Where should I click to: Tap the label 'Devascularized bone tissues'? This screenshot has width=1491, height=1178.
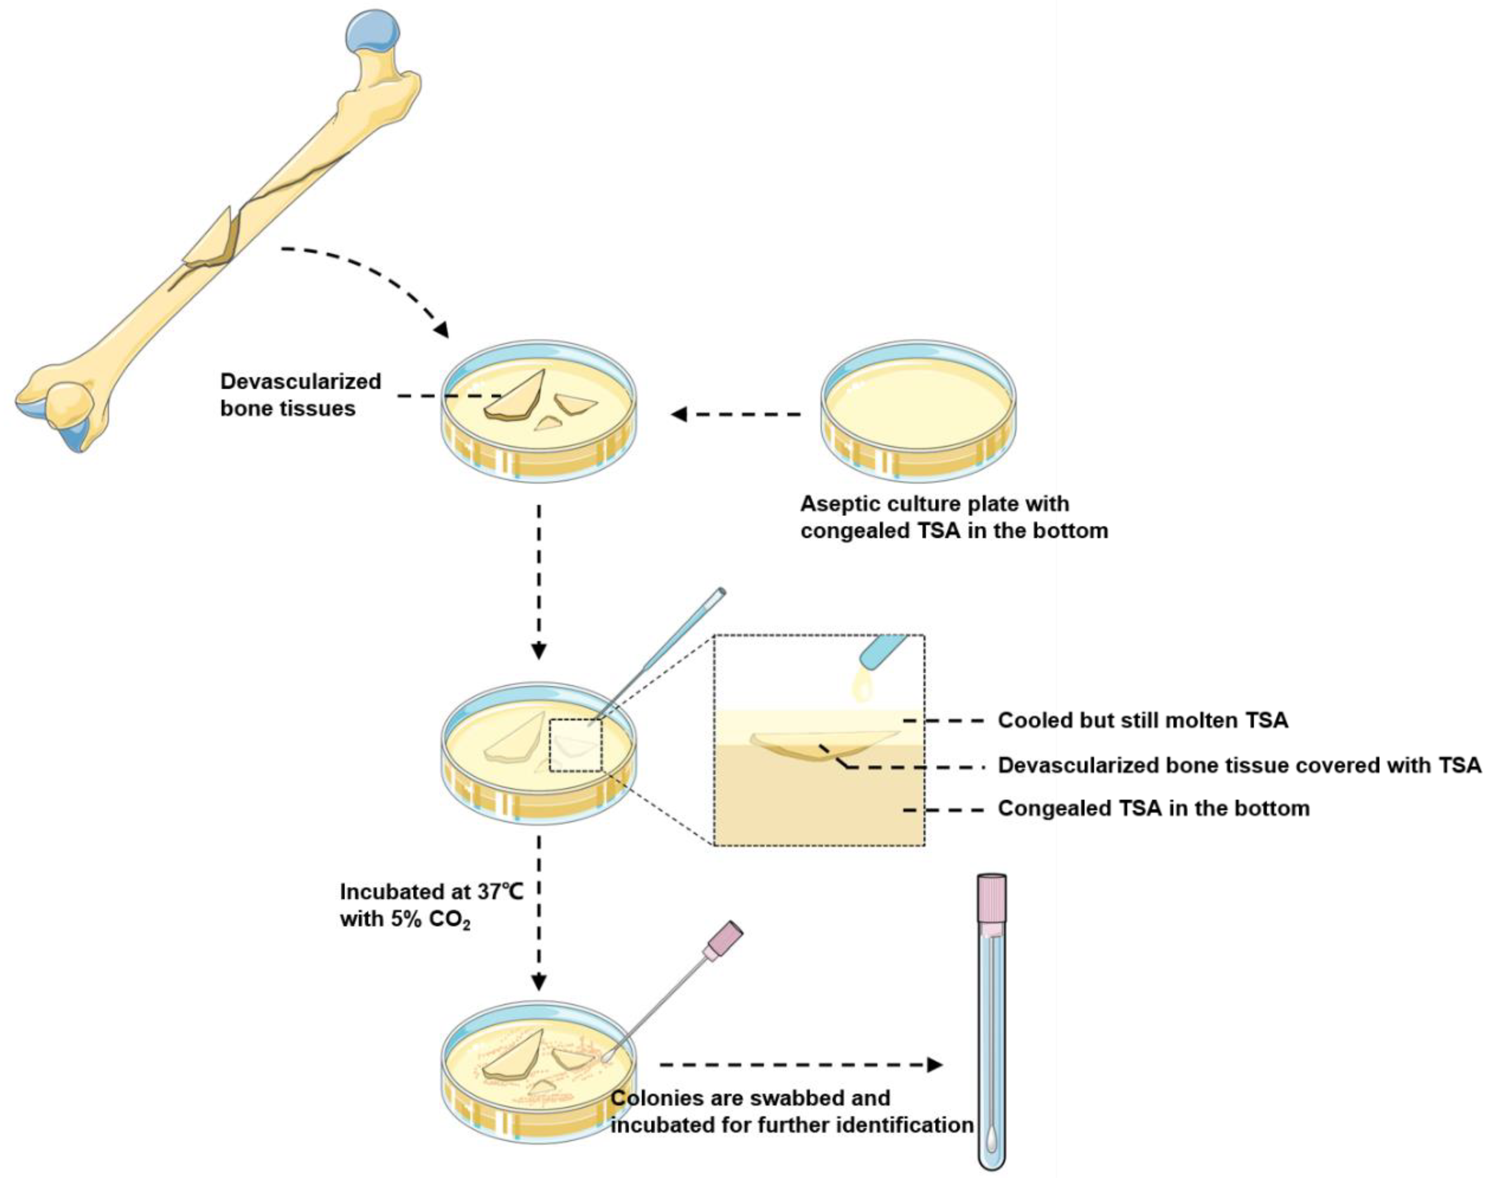pos(300,395)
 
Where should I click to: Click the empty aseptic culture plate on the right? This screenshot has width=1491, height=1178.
pos(917,407)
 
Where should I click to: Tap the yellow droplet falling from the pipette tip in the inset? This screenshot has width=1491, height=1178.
pos(862,686)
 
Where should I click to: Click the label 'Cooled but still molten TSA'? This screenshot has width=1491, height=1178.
pos(1142,721)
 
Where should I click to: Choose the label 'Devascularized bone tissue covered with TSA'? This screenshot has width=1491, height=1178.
pos(1238,766)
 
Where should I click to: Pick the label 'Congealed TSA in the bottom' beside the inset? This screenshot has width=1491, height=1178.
pos(1153,808)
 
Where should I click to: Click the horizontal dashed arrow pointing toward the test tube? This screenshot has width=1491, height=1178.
pos(800,1065)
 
